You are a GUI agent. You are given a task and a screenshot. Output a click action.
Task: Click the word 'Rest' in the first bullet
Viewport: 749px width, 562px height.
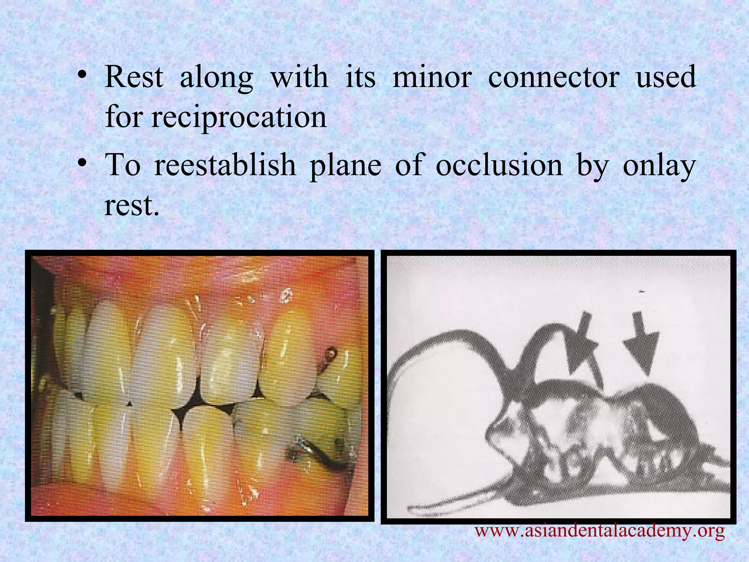[134, 77]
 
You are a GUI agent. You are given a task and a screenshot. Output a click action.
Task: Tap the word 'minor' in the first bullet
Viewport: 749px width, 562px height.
[432, 77]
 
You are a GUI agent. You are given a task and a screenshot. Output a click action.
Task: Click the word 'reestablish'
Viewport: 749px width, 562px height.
[225, 165]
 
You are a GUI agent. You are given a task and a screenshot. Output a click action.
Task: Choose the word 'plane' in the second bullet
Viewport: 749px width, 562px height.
[345, 165]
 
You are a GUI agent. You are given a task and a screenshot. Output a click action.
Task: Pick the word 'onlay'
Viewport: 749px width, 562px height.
[659, 165]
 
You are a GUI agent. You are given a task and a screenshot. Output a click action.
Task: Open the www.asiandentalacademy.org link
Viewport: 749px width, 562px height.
[599, 530]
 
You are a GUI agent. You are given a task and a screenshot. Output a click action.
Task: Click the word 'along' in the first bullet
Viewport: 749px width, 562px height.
[217, 77]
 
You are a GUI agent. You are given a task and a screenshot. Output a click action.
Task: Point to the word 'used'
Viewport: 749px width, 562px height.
[666, 77]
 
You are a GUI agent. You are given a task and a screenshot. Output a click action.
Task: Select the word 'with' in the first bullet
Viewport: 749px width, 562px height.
[299, 77]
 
